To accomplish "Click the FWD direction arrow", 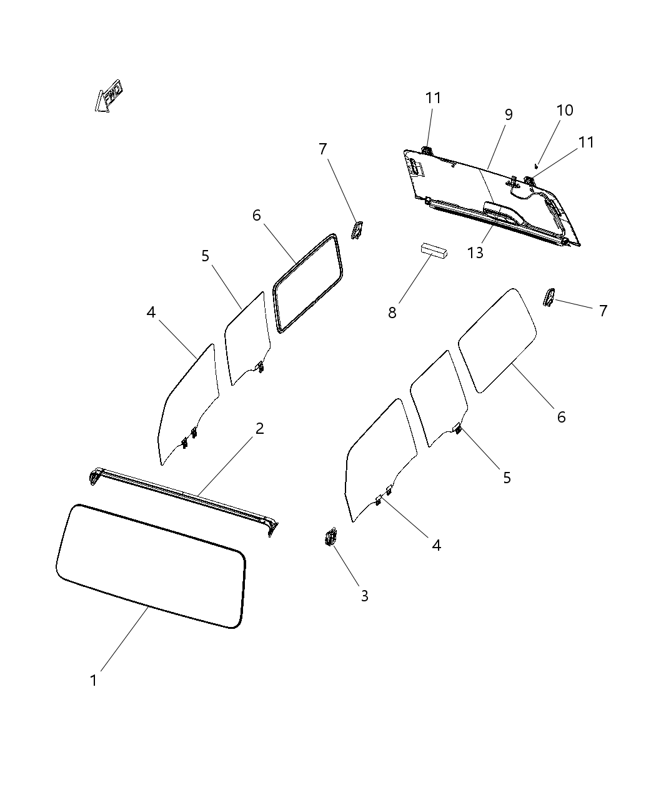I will click(x=108, y=96).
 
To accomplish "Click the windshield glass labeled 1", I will click(x=150, y=566).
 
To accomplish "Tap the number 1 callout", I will click(x=94, y=680).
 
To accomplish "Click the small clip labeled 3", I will click(x=330, y=538).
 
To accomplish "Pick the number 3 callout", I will click(x=364, y=596).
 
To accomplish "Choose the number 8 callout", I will click(x=392, y=313).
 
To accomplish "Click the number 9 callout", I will click(x=509, y=114).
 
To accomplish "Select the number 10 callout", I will click(x=564, y=110).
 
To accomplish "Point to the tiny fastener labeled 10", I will click(x=537, y=166).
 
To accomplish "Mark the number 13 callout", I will click(x=475, y=253).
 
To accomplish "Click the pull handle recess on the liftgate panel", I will click(x=503, y=213).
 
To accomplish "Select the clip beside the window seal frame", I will click(x=357, y=231).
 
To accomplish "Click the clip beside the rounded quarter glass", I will click(x=549, y=298).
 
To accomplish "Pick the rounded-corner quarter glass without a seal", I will click(x=498, y=341).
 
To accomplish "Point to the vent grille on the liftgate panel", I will click(x=415, y=166).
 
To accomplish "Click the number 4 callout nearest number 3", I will click(x=436, y=545).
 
